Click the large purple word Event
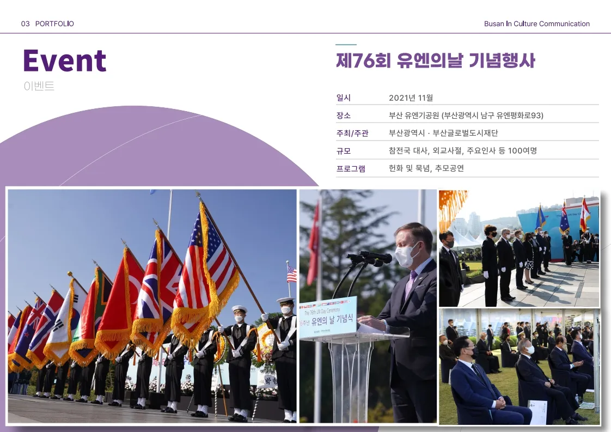(x=64, y=60)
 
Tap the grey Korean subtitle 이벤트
(x=39, y=86)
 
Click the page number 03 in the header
(x=25, y=24)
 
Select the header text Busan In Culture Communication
(x=536, y=24)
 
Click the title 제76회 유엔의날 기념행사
(x=435, y=60)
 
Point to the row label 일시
(x=344, y=98)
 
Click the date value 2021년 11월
(x=411, y=98)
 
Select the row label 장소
(x=344, y=115)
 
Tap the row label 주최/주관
(x=352, y=133)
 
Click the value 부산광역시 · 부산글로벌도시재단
(x=443, y=133)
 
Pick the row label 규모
(x=344, y=151)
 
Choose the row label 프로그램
(x=351, y=168)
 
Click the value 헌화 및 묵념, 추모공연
(x=426, y=168)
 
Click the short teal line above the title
(x=346, y=45)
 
